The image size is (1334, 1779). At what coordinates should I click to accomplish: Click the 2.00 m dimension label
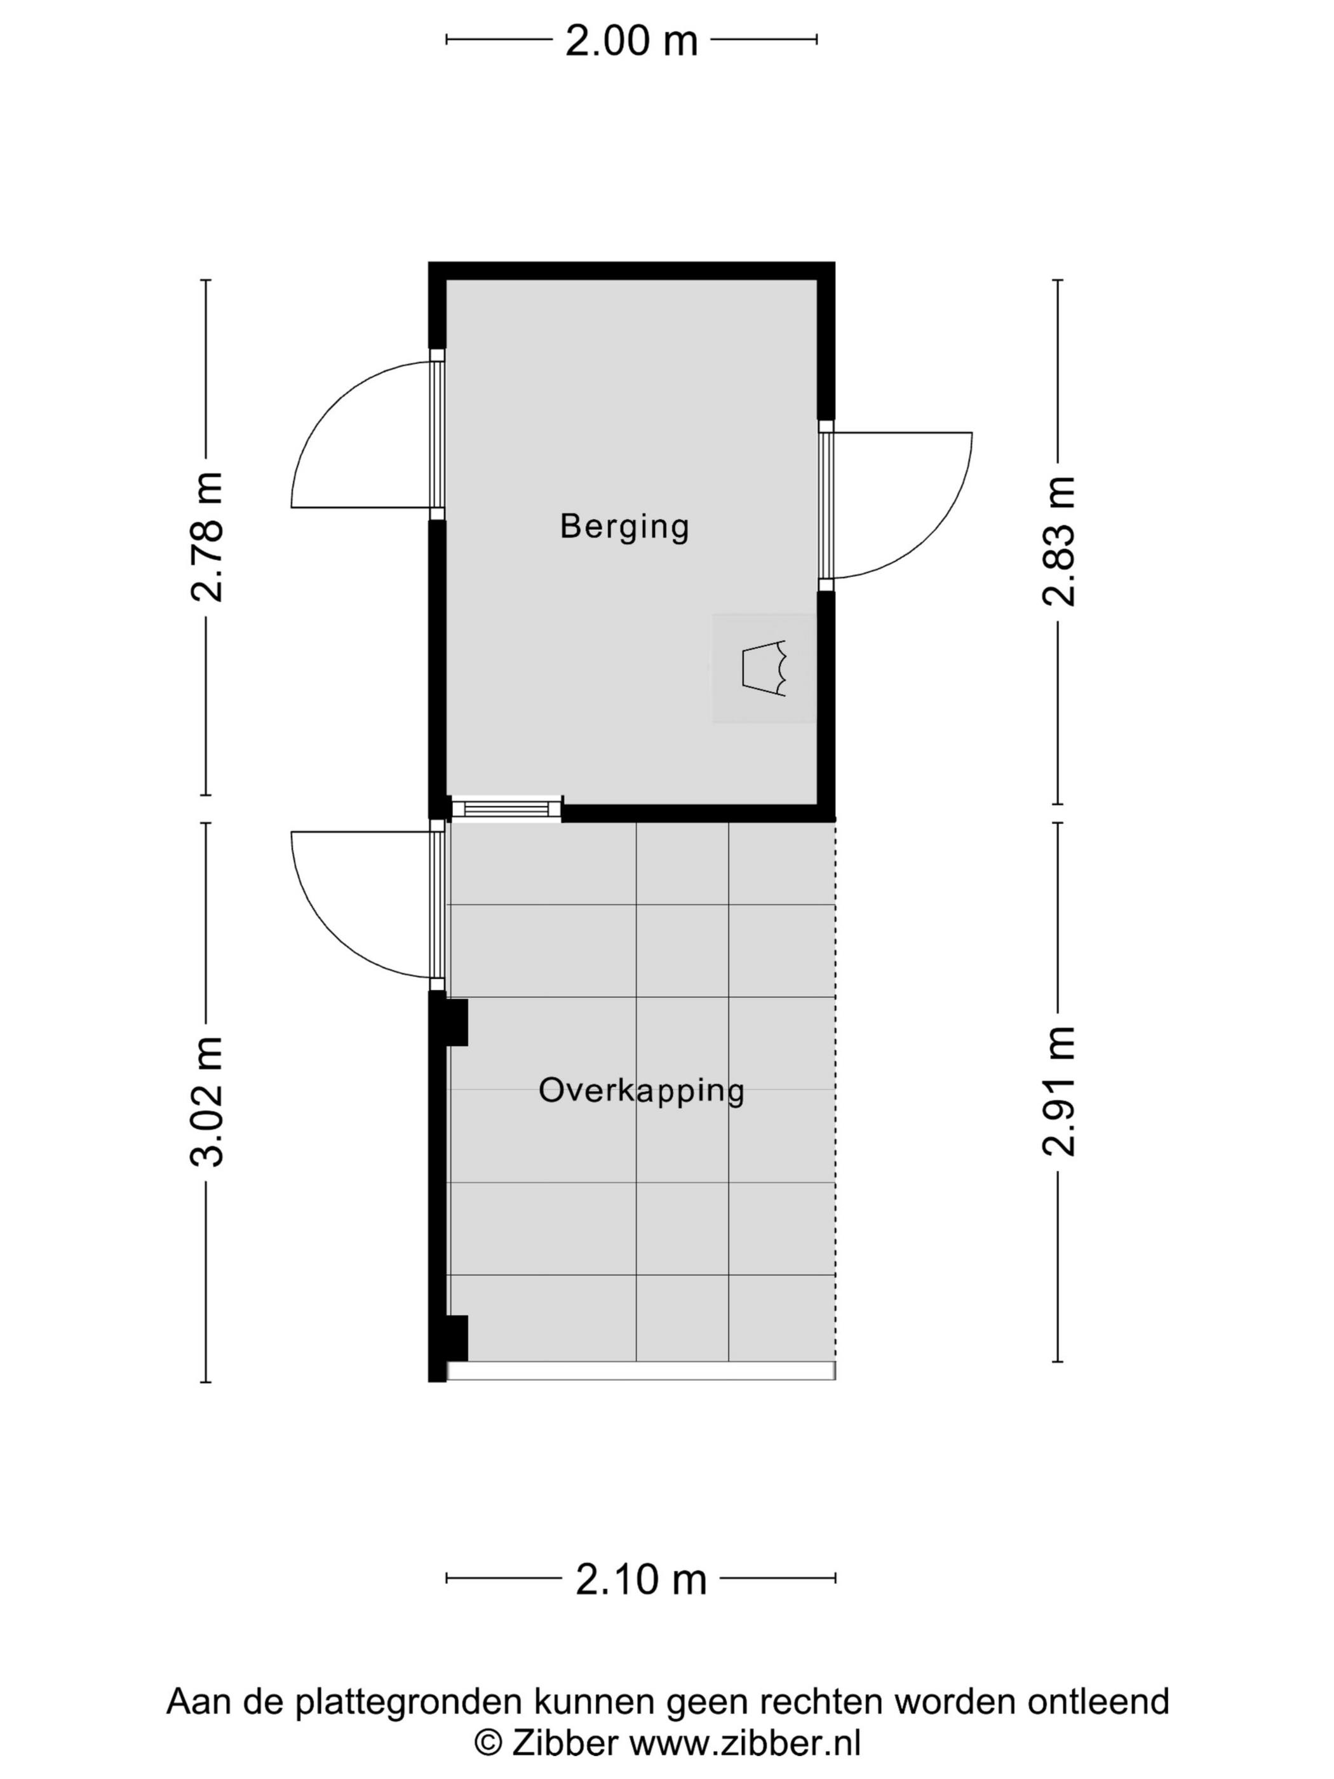click(x=631, y=40)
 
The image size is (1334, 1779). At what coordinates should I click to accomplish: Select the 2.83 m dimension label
click(x=1058, y=541)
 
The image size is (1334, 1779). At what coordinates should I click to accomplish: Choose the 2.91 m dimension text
click(x=1058, y=1092)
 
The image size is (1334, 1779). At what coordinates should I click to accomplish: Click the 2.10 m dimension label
click(x=641, y=1580)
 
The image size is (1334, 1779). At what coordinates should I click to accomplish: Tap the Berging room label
click(x=625, y=527)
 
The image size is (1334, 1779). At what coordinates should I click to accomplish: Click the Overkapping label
click(x=642, y=1092)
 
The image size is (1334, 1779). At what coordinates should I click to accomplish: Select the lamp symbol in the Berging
click(x=764, y=668)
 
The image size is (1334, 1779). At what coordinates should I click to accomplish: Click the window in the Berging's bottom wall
click(x=506, y=808)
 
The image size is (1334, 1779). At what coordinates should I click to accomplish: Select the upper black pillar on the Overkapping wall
click(x=457, y=1022)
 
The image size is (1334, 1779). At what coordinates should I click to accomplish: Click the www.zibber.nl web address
click(x=744, y=1743)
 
